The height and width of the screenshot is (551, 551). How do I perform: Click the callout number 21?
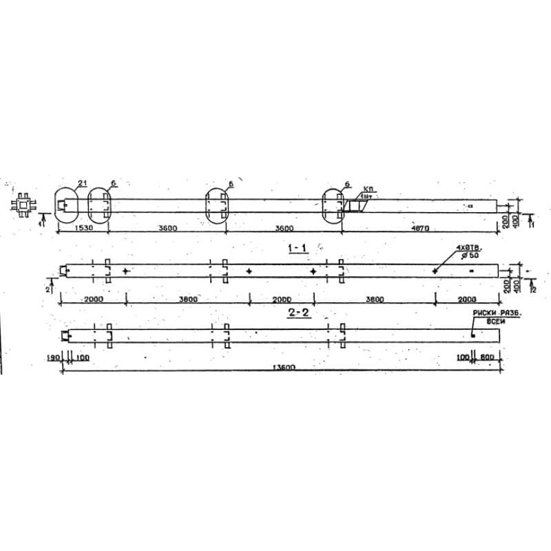(82, 182)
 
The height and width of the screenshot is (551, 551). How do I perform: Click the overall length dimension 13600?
(282, 368)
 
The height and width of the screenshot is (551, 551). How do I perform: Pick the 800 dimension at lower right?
(488, 358)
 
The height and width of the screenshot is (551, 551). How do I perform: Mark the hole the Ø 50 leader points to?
(435, 271)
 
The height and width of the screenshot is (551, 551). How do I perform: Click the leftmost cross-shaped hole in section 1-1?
(125, 271)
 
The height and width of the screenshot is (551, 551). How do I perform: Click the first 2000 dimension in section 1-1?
(93, 300)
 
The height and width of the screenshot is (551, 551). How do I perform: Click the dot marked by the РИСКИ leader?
(473, 335)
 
